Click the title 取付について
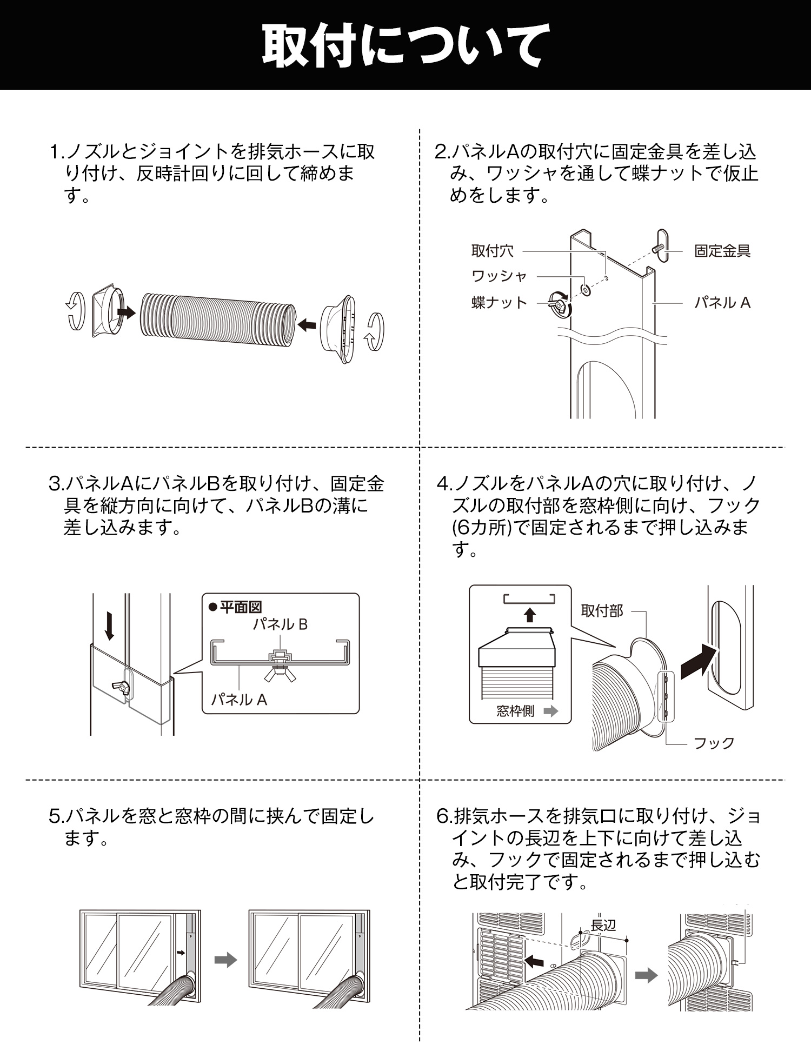coord(405,45)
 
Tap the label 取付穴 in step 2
coord(492,251)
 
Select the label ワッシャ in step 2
coord(499,276)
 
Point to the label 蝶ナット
coord(499,302)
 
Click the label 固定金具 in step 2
coord(722,251)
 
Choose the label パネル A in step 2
coord(722,303)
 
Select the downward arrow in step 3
coord(109,626)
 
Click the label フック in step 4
coord(714,743)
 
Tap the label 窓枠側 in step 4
coord(515,711)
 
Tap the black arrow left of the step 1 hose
coord(126,312)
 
